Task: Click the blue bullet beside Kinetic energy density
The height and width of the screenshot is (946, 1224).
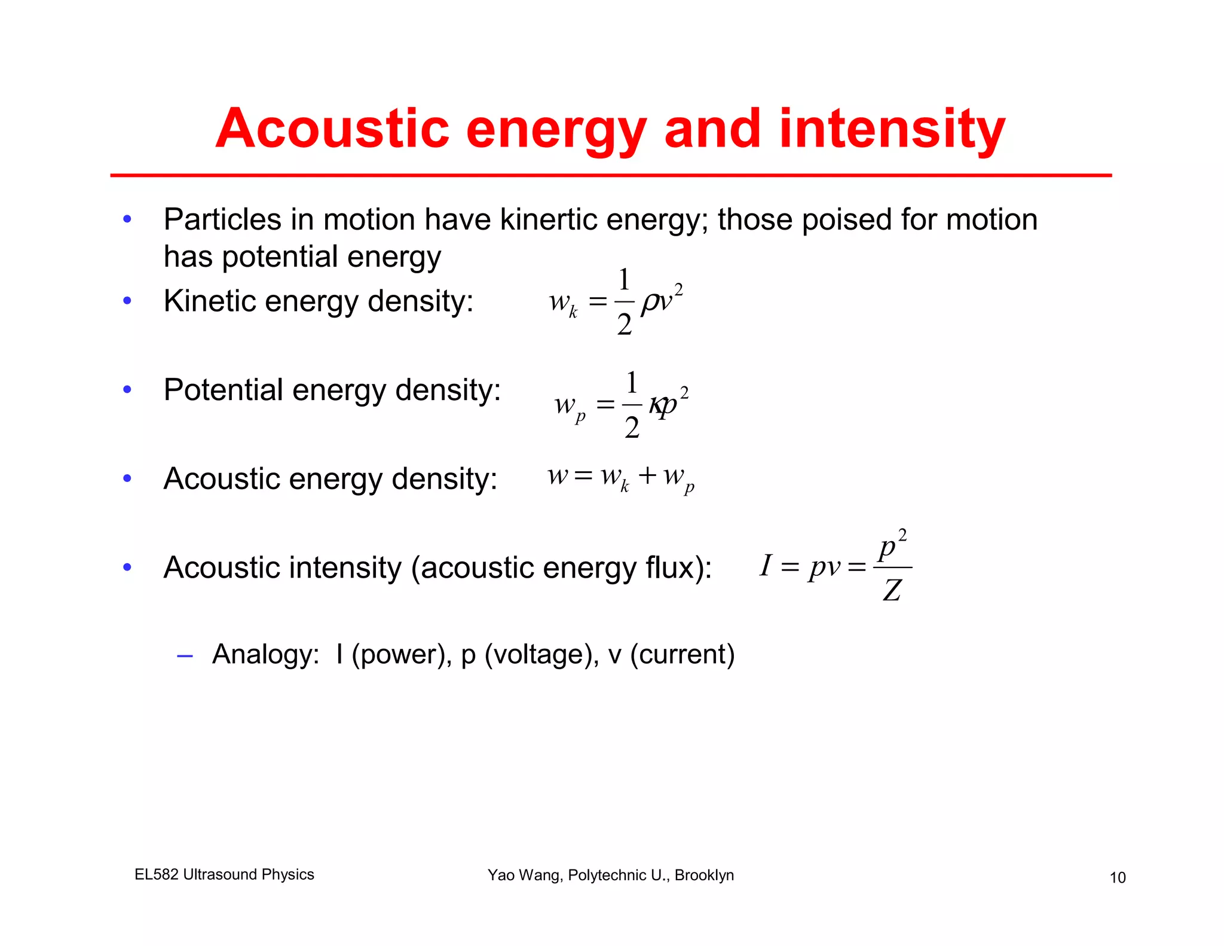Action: tap(127, 300)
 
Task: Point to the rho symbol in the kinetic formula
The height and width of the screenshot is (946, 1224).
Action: tap(649, 303)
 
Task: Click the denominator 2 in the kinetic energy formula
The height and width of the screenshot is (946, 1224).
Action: tap(625, 325)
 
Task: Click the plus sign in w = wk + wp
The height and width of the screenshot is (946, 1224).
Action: tap(647, 475)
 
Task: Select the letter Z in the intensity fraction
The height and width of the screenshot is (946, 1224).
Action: tap(892, 590)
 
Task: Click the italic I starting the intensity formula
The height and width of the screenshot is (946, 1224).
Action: tap(766, 565)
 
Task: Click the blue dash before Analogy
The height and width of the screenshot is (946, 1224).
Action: tap(185, 656)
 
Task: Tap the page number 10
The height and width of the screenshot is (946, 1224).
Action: tap(1118, 877)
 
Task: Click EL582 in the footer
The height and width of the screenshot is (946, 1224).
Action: tap(157, 874)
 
